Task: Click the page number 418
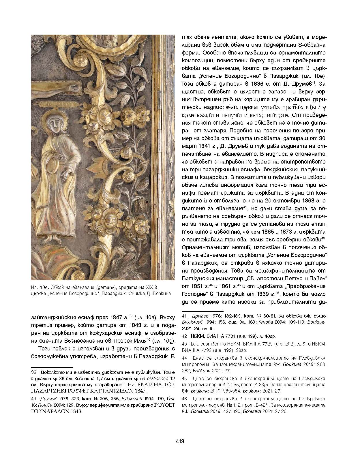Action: click(x=180, y=441)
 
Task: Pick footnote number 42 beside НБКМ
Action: click(x=184, y=336)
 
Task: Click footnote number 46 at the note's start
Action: click(x=184, y=399)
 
